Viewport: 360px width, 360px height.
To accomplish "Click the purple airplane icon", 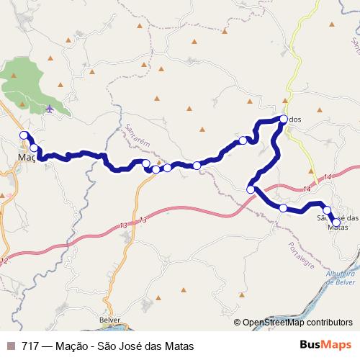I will (x=49, y=109).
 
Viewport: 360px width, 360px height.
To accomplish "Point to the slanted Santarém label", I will (x=137, y=136).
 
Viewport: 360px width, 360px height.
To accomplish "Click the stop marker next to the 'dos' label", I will (x=284, y=120).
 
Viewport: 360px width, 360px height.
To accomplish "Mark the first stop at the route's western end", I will (x=24, y=135).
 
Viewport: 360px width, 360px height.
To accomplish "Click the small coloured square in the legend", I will (x=11, y=346).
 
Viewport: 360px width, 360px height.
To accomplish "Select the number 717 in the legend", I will (x=31, y=346).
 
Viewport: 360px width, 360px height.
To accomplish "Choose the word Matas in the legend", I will (x=179, y=346).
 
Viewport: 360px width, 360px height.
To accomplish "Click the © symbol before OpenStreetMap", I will (x=239, y=323).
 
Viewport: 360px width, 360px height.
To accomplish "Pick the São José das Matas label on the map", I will (x=338, y=222).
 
